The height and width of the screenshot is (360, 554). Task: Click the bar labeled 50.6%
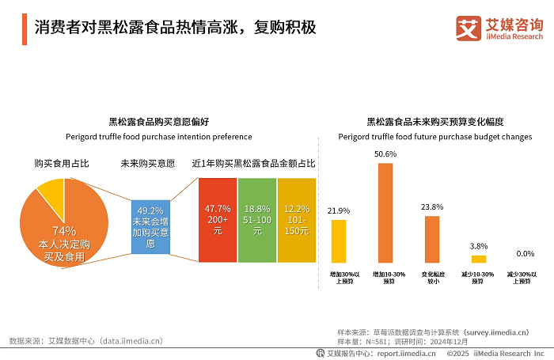385,213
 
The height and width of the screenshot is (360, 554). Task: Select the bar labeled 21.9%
339,241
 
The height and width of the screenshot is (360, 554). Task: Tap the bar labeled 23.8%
431,239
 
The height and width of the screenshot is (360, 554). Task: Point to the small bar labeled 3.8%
479,259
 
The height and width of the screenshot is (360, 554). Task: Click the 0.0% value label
525,254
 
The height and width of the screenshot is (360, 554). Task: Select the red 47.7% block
218,220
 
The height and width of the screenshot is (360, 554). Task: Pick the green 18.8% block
256,220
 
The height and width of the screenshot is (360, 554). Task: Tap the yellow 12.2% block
296,220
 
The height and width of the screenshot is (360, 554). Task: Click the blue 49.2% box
150,226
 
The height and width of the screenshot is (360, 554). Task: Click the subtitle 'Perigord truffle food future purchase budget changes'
435,136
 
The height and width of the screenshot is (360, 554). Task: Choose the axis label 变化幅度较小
432,278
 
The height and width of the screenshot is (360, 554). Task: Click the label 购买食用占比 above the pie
61,164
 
